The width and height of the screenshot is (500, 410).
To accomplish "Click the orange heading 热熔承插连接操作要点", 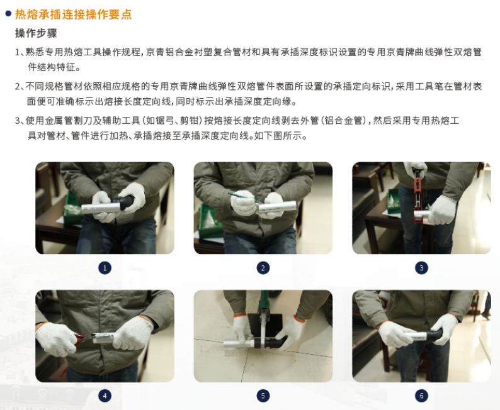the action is (73, 14).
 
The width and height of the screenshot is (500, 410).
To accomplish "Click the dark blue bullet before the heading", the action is (8, 13).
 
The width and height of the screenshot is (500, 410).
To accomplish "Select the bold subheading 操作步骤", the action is (36, 33).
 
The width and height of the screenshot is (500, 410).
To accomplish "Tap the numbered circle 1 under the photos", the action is (105, 268).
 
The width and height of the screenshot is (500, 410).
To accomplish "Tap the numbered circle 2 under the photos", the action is (263, 268).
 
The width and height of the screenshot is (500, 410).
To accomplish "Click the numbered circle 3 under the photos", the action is (421, 268).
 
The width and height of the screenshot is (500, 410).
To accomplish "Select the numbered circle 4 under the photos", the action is (105, 396).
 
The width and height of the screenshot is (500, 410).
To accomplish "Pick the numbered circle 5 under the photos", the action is (263, 396).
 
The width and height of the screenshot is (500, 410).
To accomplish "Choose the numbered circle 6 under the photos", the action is (421, 396).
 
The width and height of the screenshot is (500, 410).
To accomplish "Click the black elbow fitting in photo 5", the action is (277, 342).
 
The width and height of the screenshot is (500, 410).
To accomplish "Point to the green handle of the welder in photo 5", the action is (265, 301).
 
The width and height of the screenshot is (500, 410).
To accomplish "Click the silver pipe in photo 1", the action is (98, 208).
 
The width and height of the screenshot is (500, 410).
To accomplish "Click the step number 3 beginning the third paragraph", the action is (17, 121).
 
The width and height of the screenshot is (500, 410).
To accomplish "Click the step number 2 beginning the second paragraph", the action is (17, 87).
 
